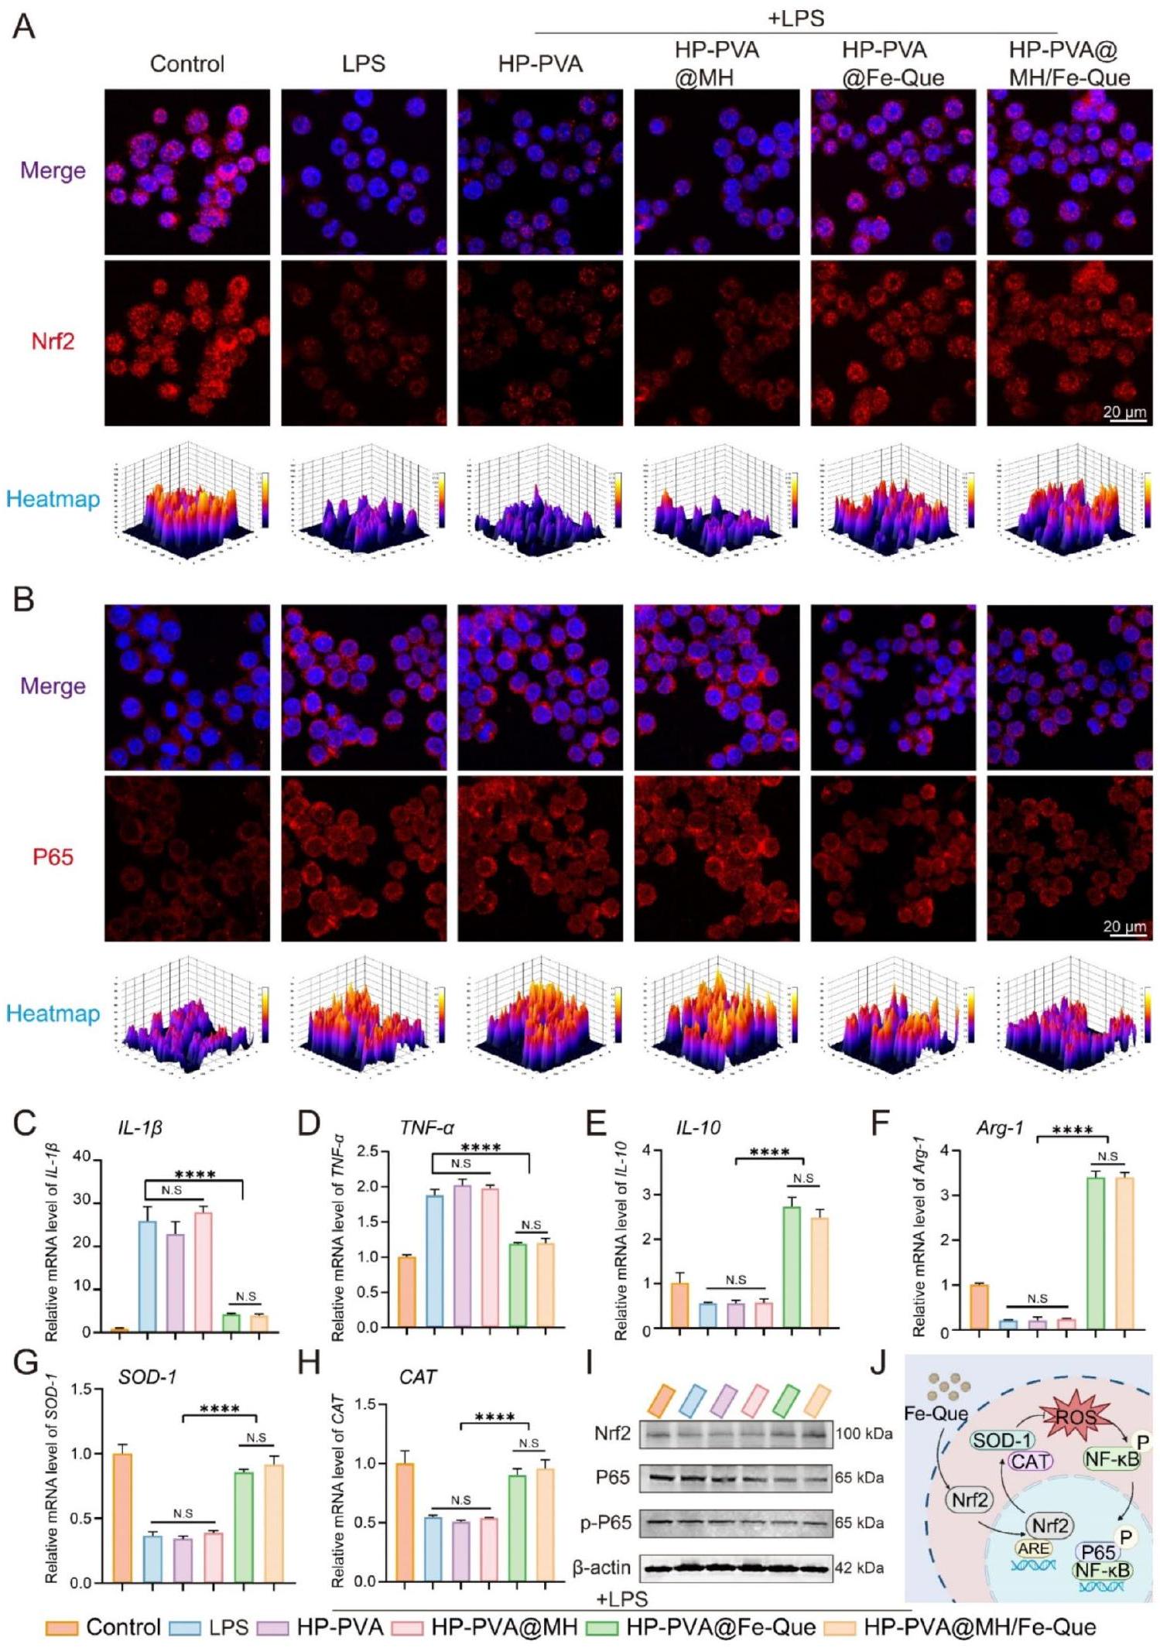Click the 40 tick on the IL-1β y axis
82,1157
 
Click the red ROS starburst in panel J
1076,1417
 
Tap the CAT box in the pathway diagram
1030,1461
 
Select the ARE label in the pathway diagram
1034,1548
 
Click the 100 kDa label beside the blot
864,1434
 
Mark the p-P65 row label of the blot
606,1523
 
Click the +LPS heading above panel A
796,18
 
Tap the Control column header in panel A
187,63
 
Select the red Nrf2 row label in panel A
53,341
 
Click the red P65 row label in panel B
53,856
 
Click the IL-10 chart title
698,1127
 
